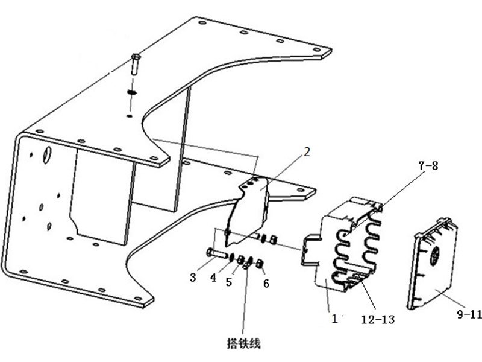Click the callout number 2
307,152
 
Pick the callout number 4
213,278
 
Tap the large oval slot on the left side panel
44,156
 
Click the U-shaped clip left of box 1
312,249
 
